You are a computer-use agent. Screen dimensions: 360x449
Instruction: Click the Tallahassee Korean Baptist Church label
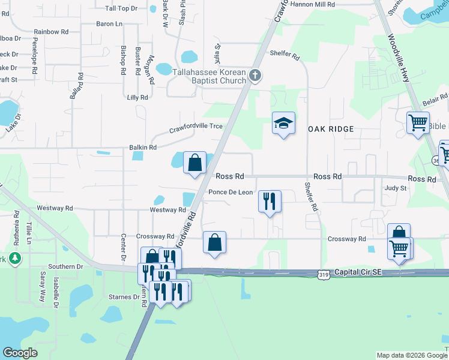tap(209, 76)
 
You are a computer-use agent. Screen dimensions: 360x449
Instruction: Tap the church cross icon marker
tap(255, 76)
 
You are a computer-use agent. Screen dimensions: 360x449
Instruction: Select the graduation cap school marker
tap(284, 124)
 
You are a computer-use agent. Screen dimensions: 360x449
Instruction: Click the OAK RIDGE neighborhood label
tap(330, 128)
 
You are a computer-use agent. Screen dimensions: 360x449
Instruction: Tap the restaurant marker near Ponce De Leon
tap(270, 200)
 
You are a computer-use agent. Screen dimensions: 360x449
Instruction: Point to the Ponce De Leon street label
tap(231, 193)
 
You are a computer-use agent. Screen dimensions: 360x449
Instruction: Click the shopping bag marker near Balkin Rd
tap(194, 163)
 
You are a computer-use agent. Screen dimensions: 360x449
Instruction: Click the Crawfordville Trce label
tap(196, 127)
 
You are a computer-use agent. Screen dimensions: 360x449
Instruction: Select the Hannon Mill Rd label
tap(313, 4)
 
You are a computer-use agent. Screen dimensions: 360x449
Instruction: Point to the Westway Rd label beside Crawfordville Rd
tap(167, 210)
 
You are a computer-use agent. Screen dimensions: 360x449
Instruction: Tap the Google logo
tap(20, 353)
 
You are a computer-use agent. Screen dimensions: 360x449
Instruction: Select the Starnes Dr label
tap(124, 297)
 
